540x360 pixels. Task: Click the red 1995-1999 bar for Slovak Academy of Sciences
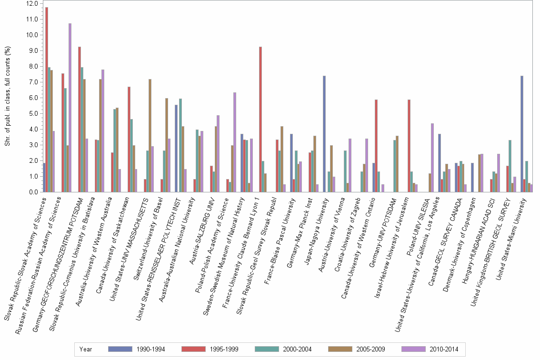tap(47, 100)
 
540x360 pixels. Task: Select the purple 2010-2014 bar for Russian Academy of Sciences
tap(70, 108)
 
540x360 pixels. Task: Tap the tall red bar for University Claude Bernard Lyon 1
tap(260, 119)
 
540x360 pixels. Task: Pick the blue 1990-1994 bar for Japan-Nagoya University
tap(324, 134)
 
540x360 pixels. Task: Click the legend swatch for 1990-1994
tap(121, 349)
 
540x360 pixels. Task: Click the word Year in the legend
tap(86, 349)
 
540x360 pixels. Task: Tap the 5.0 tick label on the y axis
tap(32, 113)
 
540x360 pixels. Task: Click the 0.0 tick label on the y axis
tap(32, 192)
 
